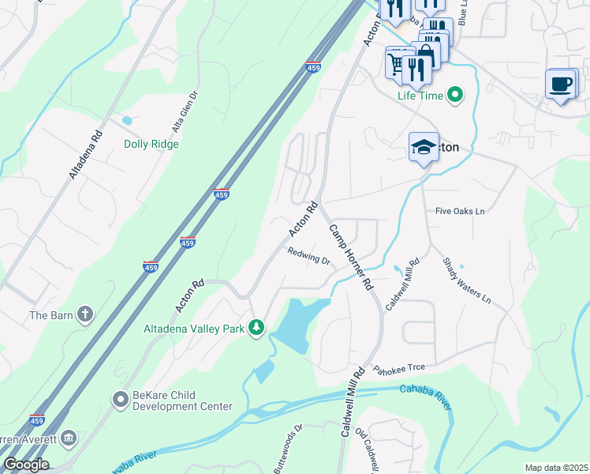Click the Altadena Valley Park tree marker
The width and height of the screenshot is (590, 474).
coord(256,327)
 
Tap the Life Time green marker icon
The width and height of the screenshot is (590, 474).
coord(454,96)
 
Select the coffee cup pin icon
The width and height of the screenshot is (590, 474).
coord(561,84)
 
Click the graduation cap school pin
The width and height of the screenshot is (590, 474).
coord(424,147)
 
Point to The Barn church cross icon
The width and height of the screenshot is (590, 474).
coord(84,315)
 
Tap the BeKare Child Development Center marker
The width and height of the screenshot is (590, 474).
coord(120,400)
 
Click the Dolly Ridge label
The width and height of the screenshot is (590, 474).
coord(151,145)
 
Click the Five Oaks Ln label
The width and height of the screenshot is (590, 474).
coord(460,212)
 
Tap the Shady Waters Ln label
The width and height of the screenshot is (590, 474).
coord(466,281)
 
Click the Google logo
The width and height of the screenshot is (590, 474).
coord(25,465)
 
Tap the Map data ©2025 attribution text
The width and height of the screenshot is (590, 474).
coord(556,468)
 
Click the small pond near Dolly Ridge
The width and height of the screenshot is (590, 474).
coord(127,121)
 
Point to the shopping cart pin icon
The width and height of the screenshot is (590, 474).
coord(395,62)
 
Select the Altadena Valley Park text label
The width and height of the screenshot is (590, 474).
coord(193,329)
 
